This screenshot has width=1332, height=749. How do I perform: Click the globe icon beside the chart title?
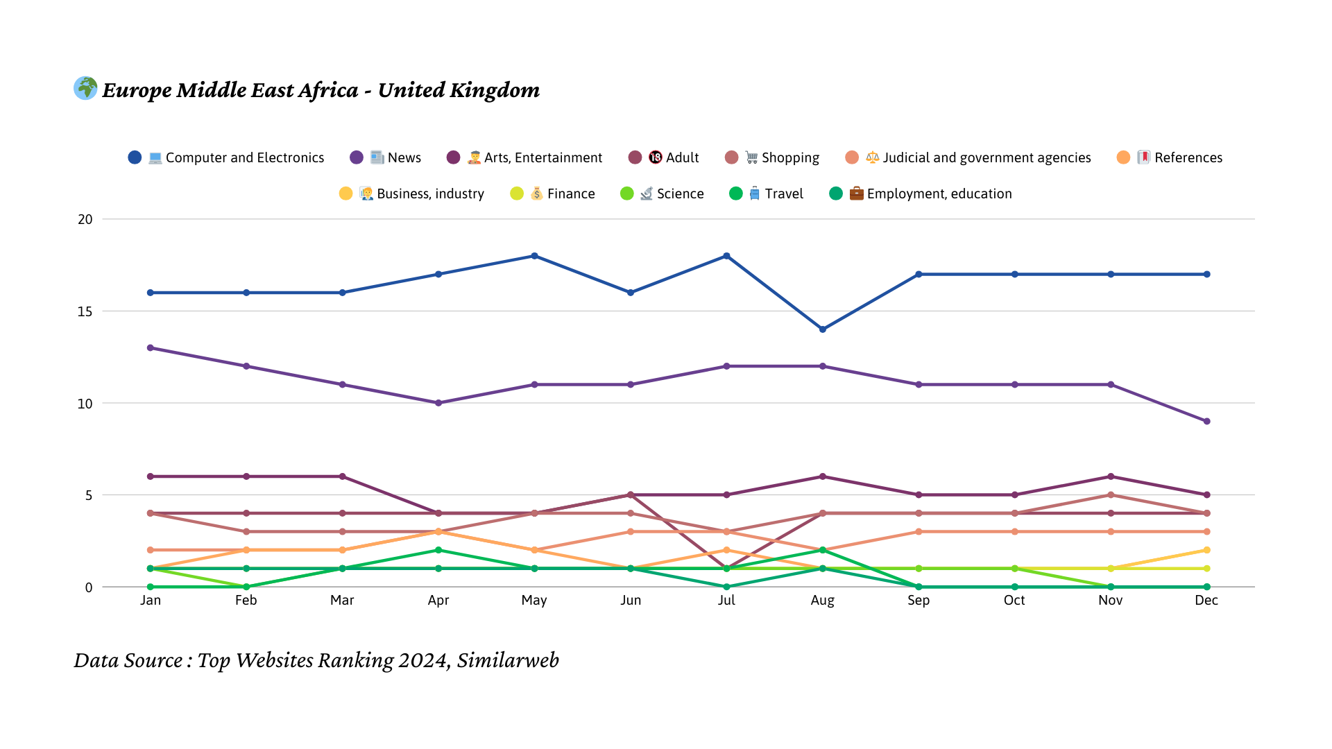click(85, 88)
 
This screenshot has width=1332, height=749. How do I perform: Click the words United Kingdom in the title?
click(459, 90)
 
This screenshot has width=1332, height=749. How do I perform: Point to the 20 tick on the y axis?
click(85, 219)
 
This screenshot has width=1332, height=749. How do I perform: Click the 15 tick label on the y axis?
click(85, 311)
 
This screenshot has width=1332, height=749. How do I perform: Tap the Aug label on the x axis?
click(822, 600)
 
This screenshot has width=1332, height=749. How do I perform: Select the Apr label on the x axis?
click(438, 600)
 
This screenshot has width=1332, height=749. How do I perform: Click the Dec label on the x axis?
click(1206, 600)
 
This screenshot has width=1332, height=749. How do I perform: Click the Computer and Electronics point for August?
click(823, 329)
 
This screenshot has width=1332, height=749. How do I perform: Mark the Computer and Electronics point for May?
click(534, 256)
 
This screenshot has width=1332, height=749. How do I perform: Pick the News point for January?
click(151, 348)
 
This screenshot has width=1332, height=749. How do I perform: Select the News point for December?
click(1207, 422)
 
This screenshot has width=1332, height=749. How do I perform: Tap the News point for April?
click(438, 403)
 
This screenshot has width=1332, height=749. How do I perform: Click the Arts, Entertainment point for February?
click(246, 476)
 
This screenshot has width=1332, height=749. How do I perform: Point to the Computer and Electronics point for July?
click(727, 256)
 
